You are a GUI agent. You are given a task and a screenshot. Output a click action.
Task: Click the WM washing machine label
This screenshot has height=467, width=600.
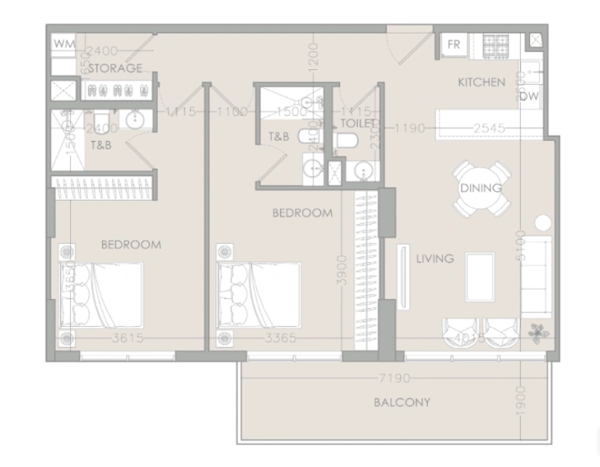coord(64,44)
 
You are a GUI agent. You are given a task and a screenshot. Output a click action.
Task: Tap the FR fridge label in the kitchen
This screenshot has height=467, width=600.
coord(454,45)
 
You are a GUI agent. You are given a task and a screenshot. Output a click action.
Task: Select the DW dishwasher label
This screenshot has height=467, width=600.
coord(528,97)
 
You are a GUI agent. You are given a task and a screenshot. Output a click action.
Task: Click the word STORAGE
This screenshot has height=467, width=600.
coord(115,68)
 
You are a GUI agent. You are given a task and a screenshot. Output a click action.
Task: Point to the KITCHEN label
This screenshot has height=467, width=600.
coord(481,83)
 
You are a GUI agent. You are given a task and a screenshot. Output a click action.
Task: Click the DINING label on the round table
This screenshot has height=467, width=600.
coord(480,188)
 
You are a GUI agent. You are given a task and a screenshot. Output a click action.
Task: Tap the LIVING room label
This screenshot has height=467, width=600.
coord(434,258)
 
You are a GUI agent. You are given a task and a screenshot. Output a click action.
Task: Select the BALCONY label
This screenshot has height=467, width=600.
coord(402,402)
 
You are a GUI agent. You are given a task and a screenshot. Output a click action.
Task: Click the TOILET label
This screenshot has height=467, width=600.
coord(358,123)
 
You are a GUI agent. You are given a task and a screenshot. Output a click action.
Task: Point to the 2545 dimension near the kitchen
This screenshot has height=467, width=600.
coord(489,128)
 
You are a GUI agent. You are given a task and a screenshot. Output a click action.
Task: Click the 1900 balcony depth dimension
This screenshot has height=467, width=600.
coord(521,404)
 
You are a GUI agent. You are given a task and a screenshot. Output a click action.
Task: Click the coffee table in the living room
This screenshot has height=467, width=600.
coord(479,276)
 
